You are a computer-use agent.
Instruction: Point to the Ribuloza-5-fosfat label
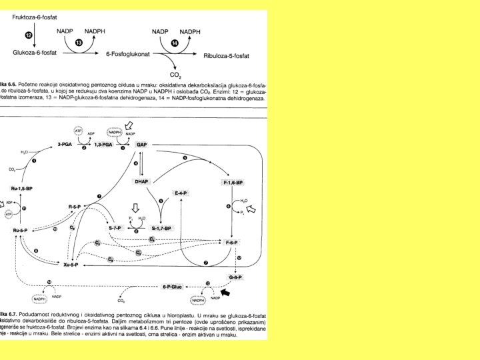pyautogui.click(x=226, y=55)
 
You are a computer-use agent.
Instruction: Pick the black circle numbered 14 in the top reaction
pyautogui.click(x=175, y=42)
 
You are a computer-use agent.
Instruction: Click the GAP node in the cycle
pyautogui.click(x=141, y=145)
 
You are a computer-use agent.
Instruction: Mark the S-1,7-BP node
pyautogui.click(x=161, y=228)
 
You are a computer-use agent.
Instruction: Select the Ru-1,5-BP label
pyautogui.click(x=21, y=189)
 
